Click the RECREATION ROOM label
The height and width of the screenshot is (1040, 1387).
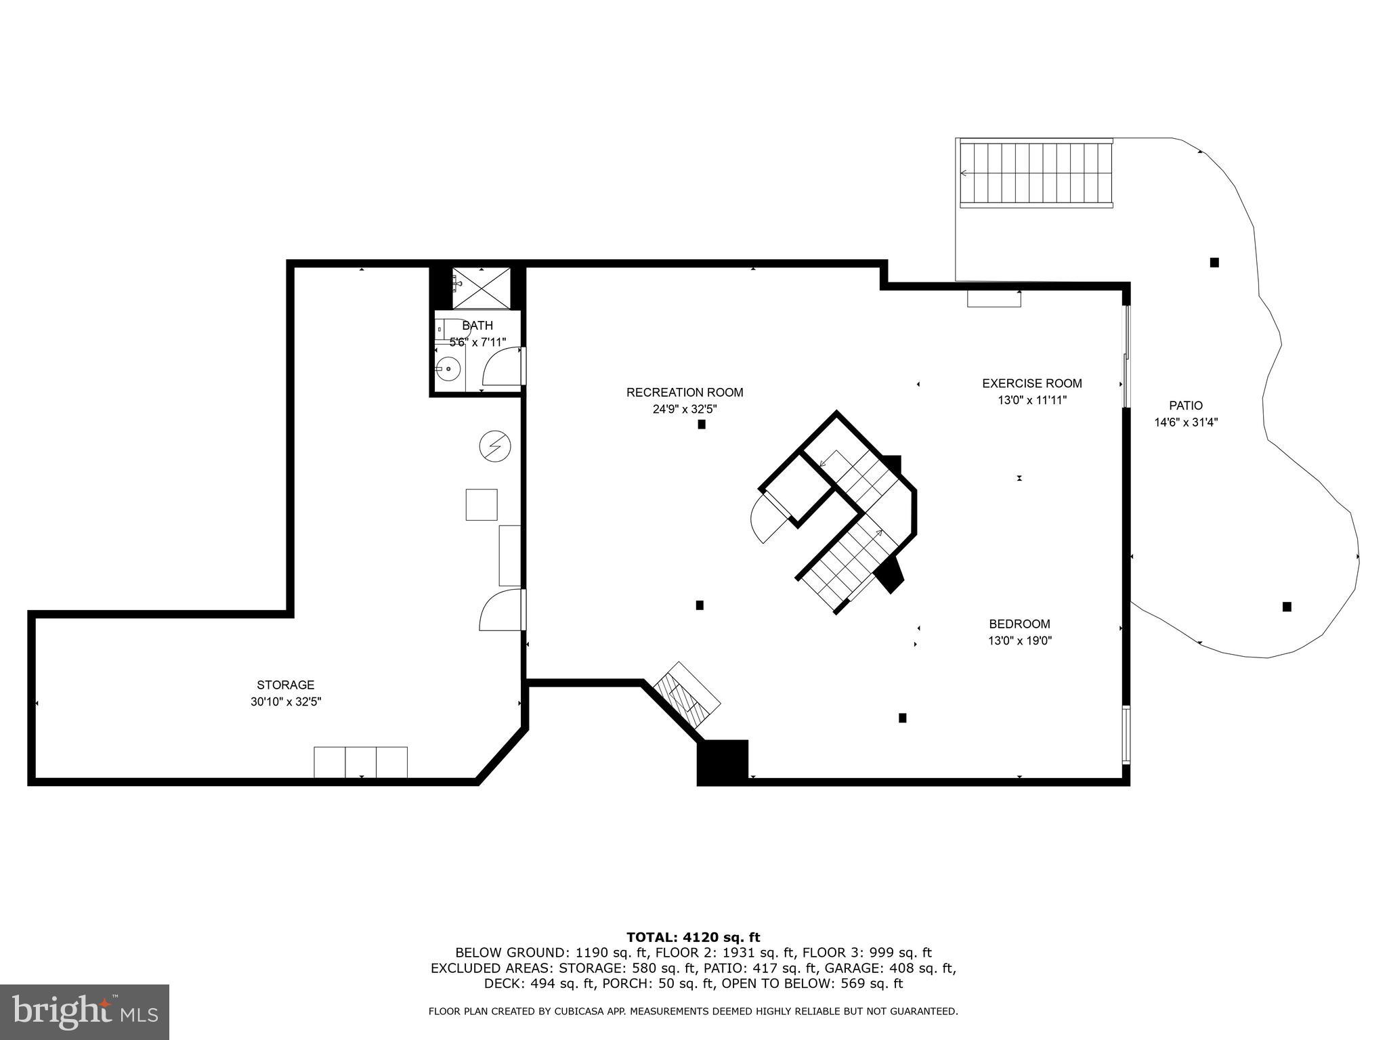685,392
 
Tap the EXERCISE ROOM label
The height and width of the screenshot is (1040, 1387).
1031,383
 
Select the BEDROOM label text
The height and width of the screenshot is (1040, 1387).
1019,624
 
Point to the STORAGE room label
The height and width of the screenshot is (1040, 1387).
285,685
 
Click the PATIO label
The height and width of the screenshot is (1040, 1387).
1185,406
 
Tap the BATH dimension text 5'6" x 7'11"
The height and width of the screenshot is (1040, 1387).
477,343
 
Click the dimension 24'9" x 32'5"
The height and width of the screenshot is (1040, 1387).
685,409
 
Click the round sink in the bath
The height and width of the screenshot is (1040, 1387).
448,370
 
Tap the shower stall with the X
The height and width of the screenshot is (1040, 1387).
482,288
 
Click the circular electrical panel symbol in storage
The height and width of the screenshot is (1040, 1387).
494,446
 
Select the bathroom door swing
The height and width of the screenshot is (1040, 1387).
503,367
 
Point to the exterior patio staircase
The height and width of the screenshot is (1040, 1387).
1036,173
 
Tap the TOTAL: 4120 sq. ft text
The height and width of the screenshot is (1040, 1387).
693,937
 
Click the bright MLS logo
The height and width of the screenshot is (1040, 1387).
85,1012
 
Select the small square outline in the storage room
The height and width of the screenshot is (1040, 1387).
481,504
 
